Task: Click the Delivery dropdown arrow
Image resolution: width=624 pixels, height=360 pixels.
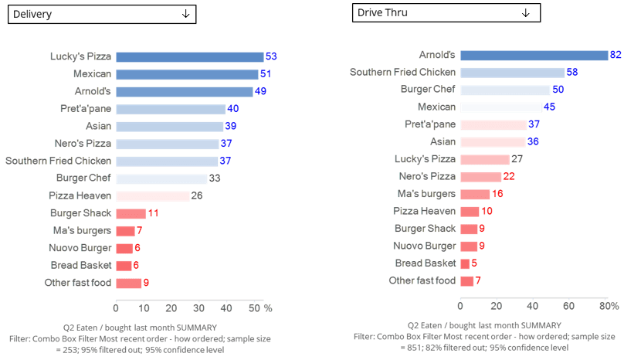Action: tap(185, 14)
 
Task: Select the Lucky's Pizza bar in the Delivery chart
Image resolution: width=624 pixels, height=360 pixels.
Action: tap(189, 56)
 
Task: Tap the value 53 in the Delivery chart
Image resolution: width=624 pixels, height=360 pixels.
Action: tap(270, 56)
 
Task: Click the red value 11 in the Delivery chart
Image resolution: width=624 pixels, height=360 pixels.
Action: tap(153, 213)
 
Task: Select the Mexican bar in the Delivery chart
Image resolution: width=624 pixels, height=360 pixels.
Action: tap(187, 74)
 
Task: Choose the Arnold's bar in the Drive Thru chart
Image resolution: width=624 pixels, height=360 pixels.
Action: tap(534, 55)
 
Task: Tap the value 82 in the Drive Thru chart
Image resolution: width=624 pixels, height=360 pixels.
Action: tap(616, 55)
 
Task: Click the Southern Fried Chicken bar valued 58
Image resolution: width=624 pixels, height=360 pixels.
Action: tap(512, 72)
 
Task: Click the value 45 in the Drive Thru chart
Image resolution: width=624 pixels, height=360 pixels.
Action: tap(549, 107)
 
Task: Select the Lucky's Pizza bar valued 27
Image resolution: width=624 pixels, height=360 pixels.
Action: tap(484, 159)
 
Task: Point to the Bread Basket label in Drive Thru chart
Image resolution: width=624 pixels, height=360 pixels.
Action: tap(423, 263)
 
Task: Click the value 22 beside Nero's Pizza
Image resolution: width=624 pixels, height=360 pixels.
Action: tap(509, 177)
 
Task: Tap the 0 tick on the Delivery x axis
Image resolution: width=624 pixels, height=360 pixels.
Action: tap(116, 308)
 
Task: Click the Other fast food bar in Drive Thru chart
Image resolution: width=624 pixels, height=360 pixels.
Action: tap(466, 280)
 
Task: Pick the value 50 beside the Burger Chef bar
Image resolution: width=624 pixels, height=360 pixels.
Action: tap(558, 90)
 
